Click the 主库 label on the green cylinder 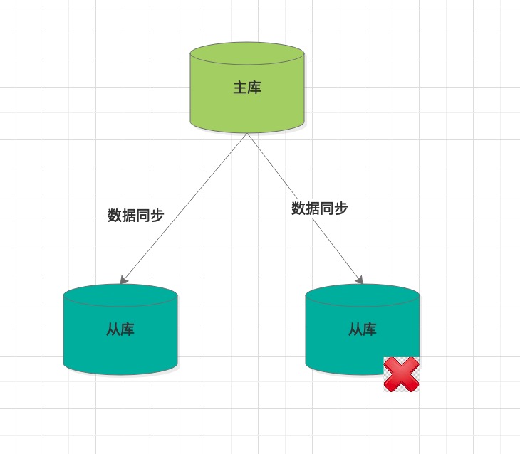click(x=247, y=88)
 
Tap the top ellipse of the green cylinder click(x=247, y=53)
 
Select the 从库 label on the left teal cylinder click(x=120, y=329)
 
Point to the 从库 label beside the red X click(x=362, y=329)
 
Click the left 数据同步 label click(x=135, y=216)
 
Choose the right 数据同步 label click(x=320, y=208)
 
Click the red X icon click(x=401, y=374)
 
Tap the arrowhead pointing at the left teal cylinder click(x=123, y=280)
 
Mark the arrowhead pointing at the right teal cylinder click(x=360, y=280)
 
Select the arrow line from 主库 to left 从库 click(x=184, y=208)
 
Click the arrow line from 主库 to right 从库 click(x=305, y=208)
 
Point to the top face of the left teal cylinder click(x=120, y=295)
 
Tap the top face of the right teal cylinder click(x=363, y=295)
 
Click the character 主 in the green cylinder click(x=240, y=88)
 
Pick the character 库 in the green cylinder click(x=254, y=88)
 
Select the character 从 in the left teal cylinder click(x=113, y=329)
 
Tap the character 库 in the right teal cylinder click(x=370, y=329)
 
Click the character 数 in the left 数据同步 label click(x=115, y=216)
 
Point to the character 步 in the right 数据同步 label click(x=341, y=208)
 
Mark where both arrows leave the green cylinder click(x=247, y=133)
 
